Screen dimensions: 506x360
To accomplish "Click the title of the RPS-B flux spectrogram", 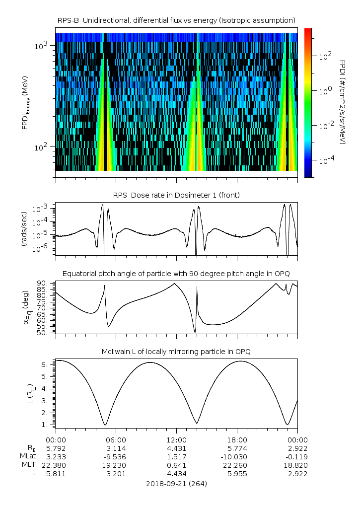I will click(176, 20).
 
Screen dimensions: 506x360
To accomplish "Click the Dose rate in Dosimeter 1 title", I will click(176, 195).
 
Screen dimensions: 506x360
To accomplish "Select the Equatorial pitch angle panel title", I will click(176, 274).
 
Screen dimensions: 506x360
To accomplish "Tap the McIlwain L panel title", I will click(176, 352).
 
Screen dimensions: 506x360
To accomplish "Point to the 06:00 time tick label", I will click(116, 440).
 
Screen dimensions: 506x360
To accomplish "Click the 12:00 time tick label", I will click(176, 440).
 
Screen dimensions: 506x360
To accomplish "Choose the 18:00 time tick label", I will click(237, 440).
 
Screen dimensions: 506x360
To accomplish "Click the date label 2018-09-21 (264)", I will click(176, 483).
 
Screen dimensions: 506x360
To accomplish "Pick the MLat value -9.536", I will click(116, 456).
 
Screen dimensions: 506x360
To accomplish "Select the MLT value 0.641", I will click(176, 465).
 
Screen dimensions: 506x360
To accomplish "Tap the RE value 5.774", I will click(237, 448).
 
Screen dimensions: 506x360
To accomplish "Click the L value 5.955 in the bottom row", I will click(237, 474).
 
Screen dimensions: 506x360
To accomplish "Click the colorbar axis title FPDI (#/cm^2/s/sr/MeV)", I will click(342, 102).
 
